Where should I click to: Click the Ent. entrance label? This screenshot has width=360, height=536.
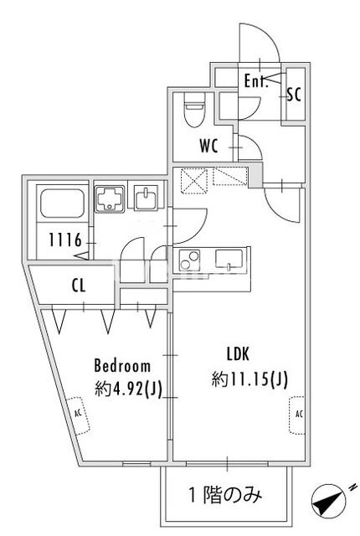coord(255,81)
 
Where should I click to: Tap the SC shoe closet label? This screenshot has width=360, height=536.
coord(293,94)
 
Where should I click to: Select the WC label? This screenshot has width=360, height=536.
coord(208,146)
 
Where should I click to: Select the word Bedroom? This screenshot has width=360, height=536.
coord(122,366)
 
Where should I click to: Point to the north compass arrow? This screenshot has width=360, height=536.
coord(329,502)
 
